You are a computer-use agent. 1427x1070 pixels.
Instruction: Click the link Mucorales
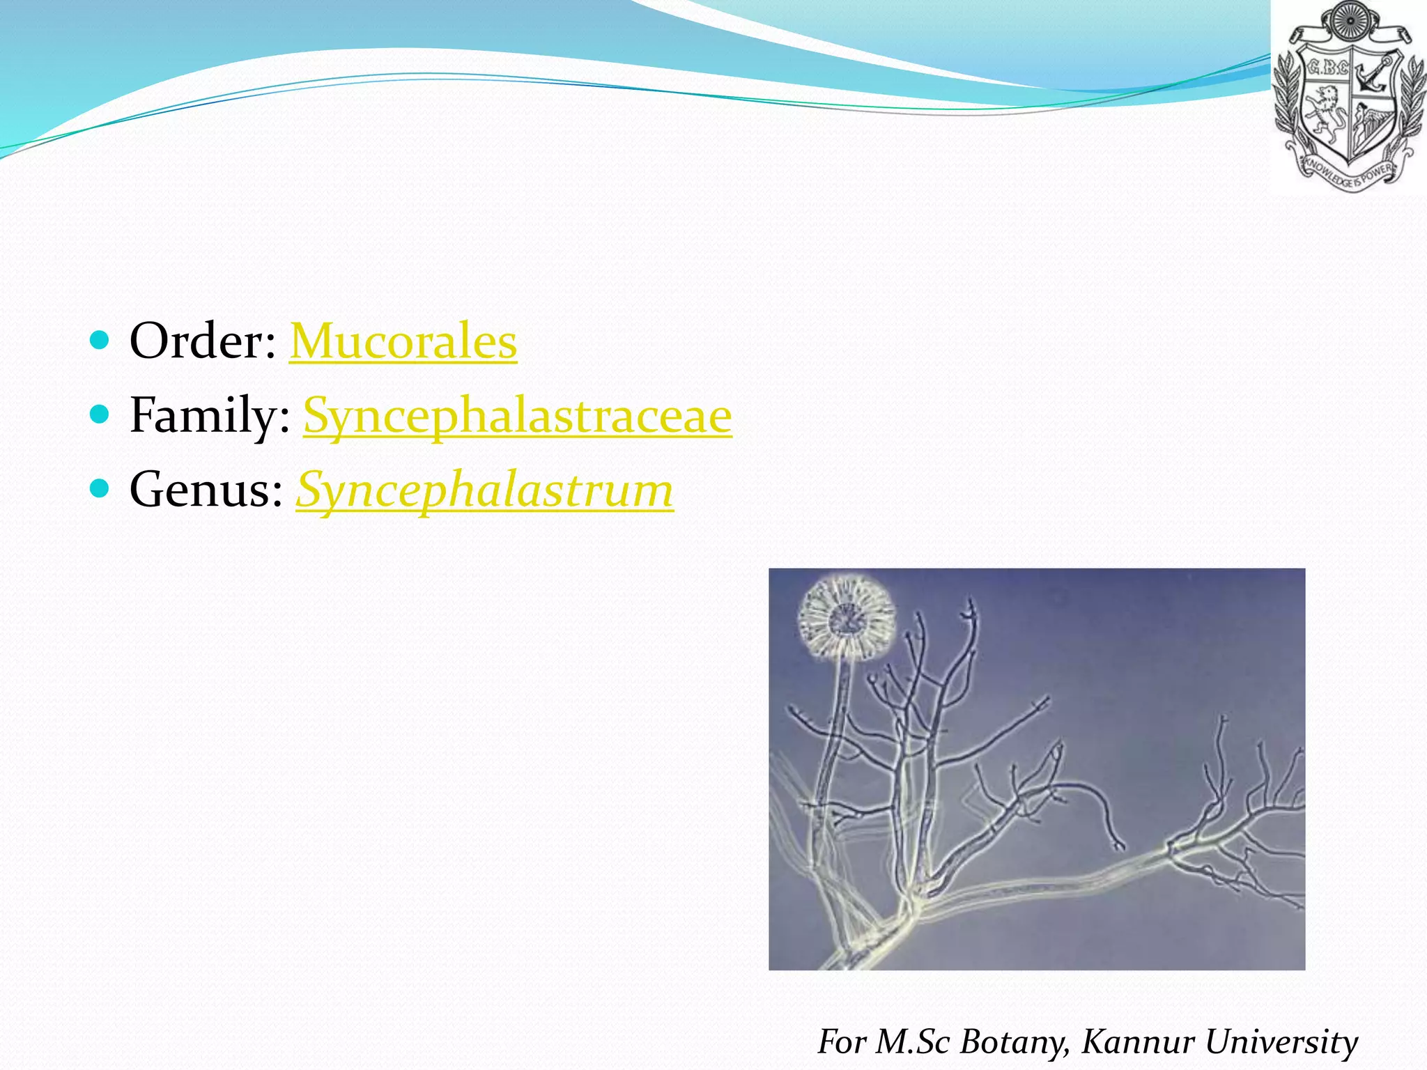pyautogui.click(x=403, y=342)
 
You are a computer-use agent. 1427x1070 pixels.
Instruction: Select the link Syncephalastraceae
pyautogui.click(x=517, y=416)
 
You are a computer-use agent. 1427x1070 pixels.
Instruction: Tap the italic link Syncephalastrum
pyautogui.click(x=484, y=490)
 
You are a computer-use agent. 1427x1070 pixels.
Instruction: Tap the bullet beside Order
pyautogui.click(x=100, y=341)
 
